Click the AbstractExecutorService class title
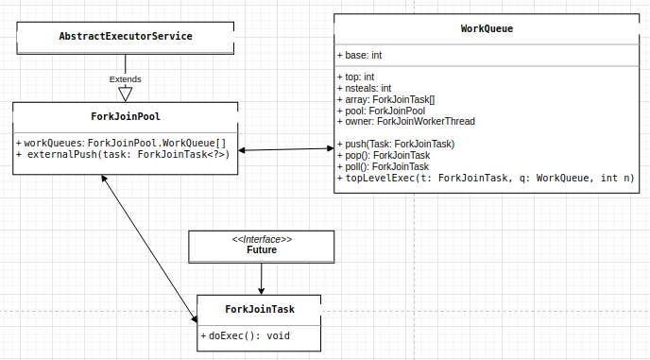point(126,37)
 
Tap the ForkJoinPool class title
point(125,117)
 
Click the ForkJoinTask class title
point(260,309)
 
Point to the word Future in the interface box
point(262,250)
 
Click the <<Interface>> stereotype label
point(262,239)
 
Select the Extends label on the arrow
point(125,78)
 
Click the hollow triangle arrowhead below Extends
point(125,94)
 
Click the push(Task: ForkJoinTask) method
point(402,144)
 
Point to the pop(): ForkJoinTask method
point(389,155)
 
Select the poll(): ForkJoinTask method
point(389,166)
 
